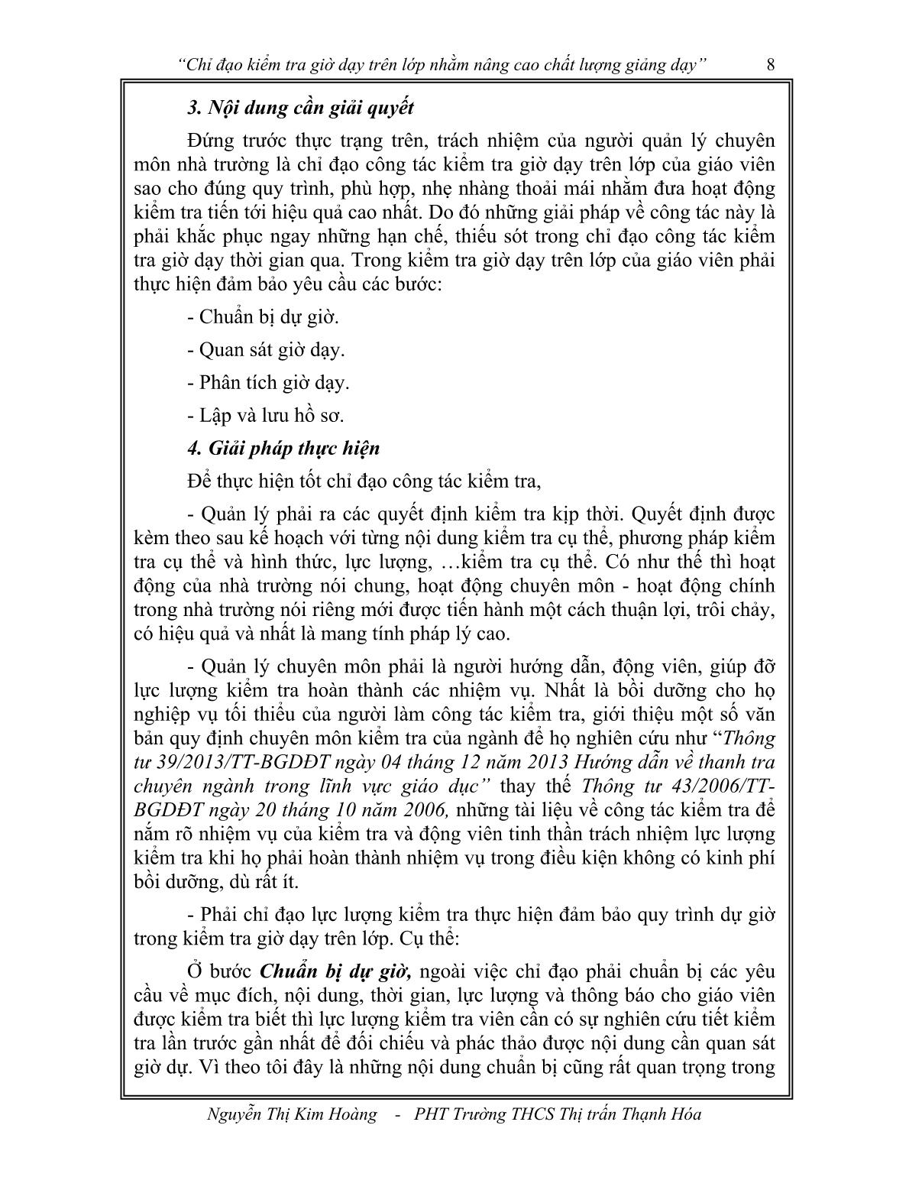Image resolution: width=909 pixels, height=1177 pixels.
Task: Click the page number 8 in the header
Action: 770,66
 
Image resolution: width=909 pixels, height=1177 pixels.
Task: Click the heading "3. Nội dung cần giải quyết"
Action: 300,108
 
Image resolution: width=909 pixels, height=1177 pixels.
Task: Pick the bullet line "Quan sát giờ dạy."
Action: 265,350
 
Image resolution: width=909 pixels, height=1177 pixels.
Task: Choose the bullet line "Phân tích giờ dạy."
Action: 267,383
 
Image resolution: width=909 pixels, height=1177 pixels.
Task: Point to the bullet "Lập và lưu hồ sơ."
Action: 265,416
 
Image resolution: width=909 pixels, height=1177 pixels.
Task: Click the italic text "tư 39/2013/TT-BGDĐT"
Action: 235,762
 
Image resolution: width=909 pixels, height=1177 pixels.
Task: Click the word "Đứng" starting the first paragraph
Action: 207,141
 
